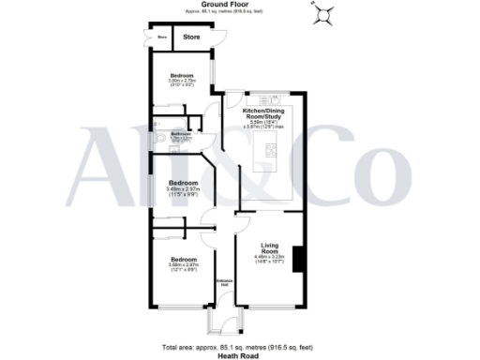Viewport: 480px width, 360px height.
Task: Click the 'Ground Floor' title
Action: (x=241, y=5)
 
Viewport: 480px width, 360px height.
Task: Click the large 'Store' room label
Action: (x=191, y=37)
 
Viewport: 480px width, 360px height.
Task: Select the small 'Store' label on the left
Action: (x=161, y=37)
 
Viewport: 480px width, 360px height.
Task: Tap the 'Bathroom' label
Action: (x=181, y=134)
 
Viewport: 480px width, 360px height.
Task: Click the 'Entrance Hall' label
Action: (x=225, y=282)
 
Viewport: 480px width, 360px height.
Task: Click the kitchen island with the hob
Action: (x=271, y=148)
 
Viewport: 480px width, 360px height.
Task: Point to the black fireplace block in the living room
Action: (x=298, y=258)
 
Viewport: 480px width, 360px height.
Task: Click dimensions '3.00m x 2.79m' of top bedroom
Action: (x=182, y=82)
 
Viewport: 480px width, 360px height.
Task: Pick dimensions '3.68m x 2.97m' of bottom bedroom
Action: (x=183, y=265)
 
